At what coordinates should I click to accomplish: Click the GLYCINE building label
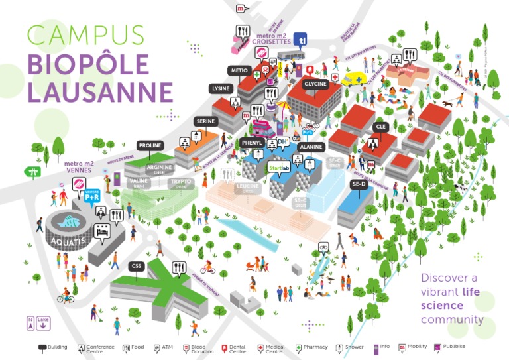[x=315, y=85]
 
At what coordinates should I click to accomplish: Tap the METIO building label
[x=239, y=70]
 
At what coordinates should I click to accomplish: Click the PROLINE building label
[x=150, y=145]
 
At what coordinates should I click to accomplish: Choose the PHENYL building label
[x=253, y=143]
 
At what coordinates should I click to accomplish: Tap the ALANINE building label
[x=311, y=147]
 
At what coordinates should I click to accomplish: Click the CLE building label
[x=380, y=127]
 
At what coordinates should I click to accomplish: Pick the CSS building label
[x=137, y=266]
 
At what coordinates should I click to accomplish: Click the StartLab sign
[x=280, y=168]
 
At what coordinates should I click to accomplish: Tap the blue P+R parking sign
[x=92, y=195]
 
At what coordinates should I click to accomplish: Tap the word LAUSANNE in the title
[x=99, y=91]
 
